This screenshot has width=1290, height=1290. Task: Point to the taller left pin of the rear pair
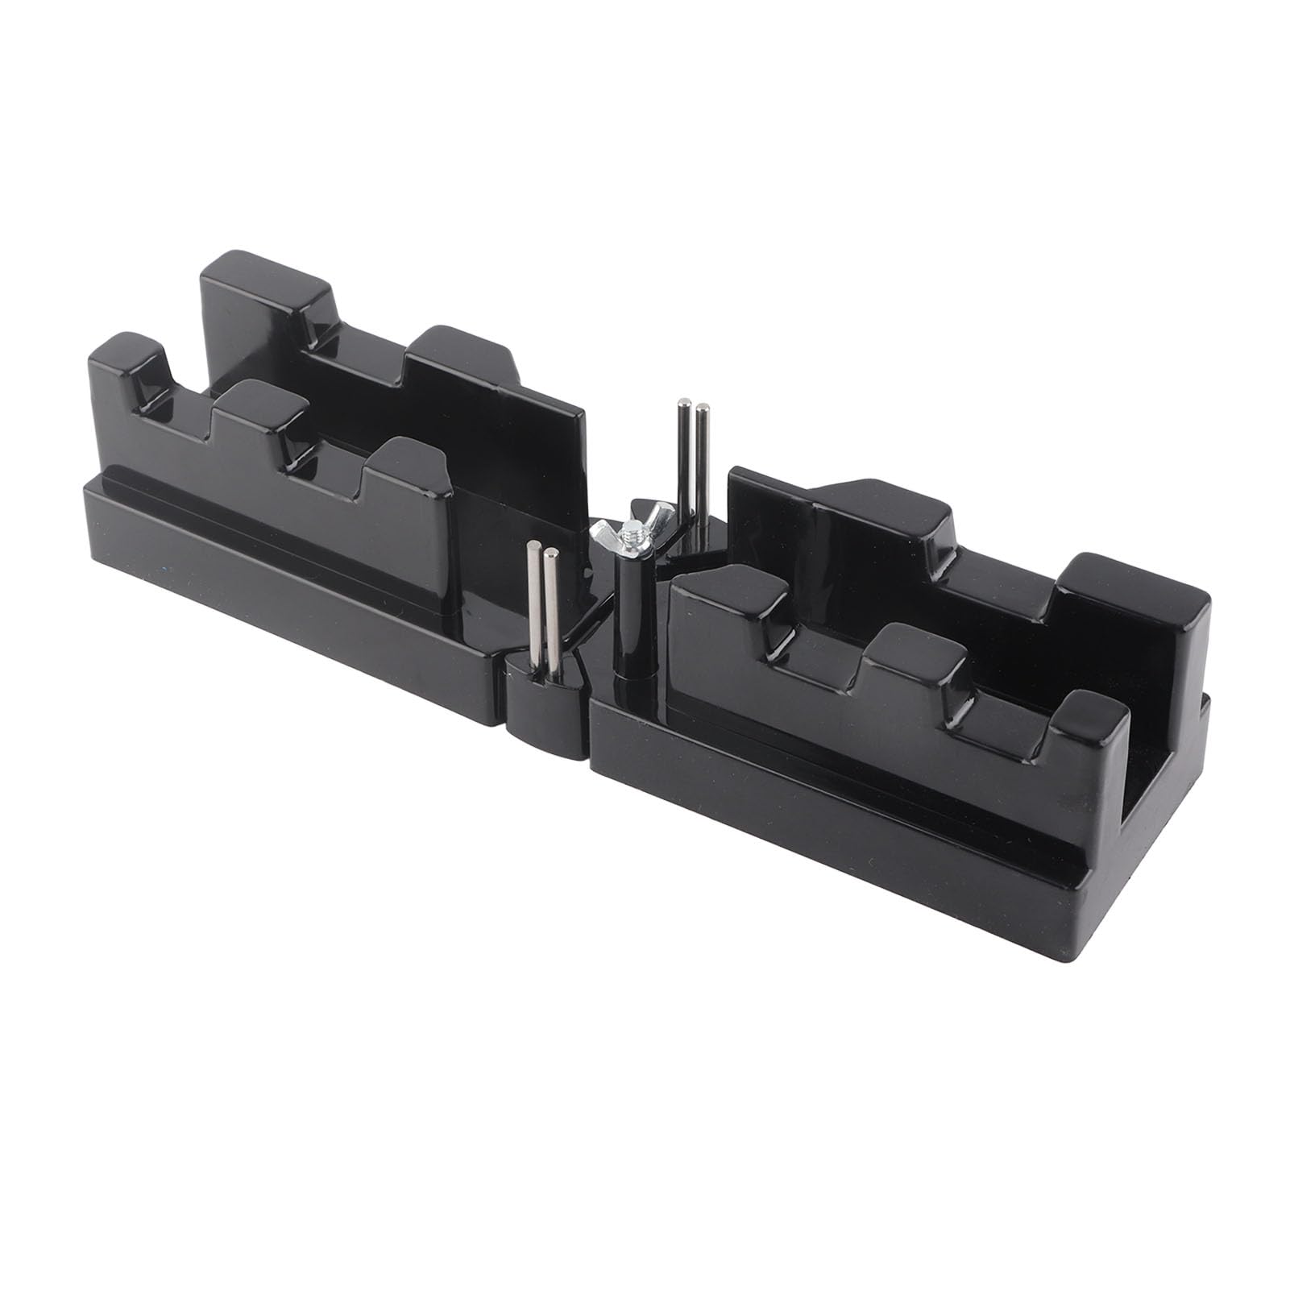pyautogui.click(x=684, y=459)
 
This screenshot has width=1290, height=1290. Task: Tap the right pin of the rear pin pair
pyautogui.click(x=702, y=467)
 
